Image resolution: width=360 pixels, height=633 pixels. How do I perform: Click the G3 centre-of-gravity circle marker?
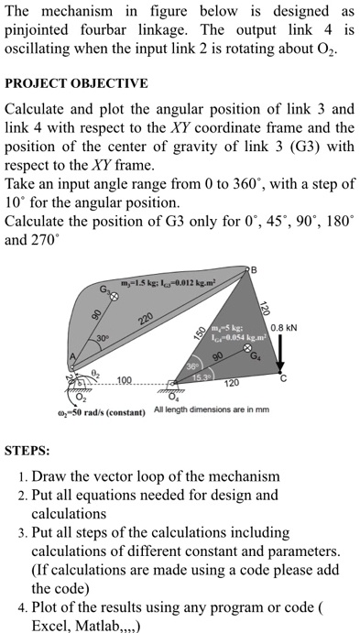(x=114, y=297)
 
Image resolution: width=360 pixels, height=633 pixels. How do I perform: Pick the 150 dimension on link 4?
(x=191, y=334)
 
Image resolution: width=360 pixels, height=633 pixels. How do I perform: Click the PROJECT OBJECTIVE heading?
(x=77, y=82)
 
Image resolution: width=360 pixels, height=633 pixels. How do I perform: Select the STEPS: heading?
(x=27, y=451)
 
